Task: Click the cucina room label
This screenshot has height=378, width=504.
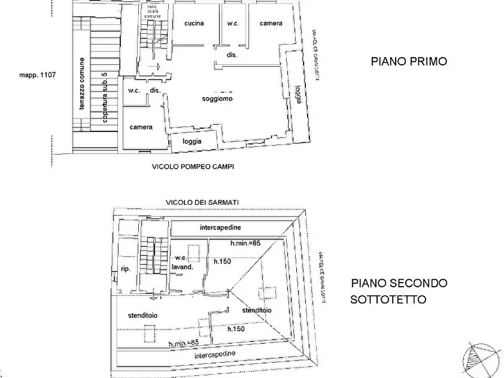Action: (x=194, y=23)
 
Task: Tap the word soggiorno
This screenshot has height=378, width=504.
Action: (x=218, y=99)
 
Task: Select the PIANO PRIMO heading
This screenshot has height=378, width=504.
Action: (x=409, y=61)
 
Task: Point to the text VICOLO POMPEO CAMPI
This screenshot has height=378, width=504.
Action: (x=192, y=167)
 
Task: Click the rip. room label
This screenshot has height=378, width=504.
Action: (x=125, y=269)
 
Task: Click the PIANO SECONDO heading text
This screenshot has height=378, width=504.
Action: (x=399, y=283)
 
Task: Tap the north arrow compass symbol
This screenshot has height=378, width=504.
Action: (x=479, y=359)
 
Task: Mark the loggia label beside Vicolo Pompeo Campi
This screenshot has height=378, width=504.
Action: (x=192, y=142)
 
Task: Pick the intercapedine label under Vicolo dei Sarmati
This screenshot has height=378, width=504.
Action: (x=221, y=227)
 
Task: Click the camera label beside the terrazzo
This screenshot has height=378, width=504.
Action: (x=141, y=127)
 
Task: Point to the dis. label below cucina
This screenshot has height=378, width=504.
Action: (x=231, y=55)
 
